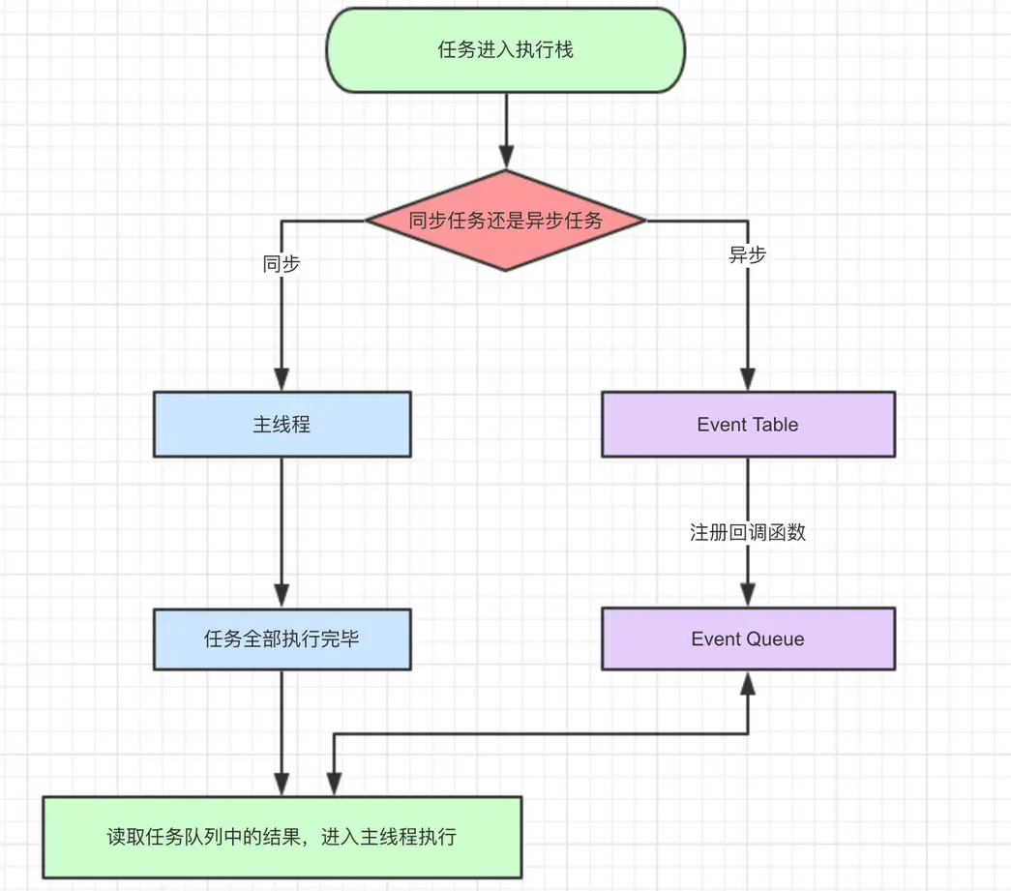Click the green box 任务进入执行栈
click(505, 50)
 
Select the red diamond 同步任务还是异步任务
click(505, 221)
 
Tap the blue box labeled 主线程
click(282, 424)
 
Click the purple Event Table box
click(748, 424)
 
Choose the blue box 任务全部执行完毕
click(282, 639)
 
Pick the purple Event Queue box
click(748, 639)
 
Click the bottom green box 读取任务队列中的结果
click(282, 837)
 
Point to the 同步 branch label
click(282, 263)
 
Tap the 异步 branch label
click(748, 255)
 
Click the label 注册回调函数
click(748, 533)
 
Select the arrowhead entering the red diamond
click(505, 157)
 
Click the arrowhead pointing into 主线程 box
click(282, 379)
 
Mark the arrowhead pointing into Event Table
click(748, 379)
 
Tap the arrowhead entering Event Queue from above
click(748, 596)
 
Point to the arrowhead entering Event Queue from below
click(748, 682)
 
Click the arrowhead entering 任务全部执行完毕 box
click(282, 596)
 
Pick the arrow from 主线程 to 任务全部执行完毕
click(282, 522)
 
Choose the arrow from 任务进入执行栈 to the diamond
click(505, 121)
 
